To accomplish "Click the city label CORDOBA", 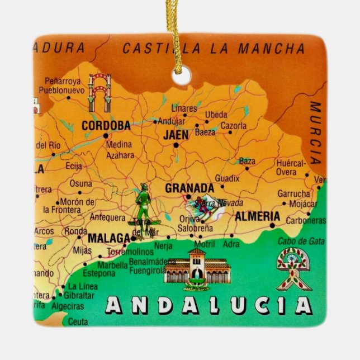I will (106, 126).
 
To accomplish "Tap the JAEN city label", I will (175, 135).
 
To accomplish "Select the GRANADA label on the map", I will (189, 188).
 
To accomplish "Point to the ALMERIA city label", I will (257, 216).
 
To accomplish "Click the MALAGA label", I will (109, 239).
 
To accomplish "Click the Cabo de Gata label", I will (301, 241).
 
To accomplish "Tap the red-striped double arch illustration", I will (100, 92).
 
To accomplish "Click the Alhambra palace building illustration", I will (196, 268).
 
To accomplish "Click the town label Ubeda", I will (216, 115).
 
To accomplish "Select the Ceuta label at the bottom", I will (78, 321).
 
